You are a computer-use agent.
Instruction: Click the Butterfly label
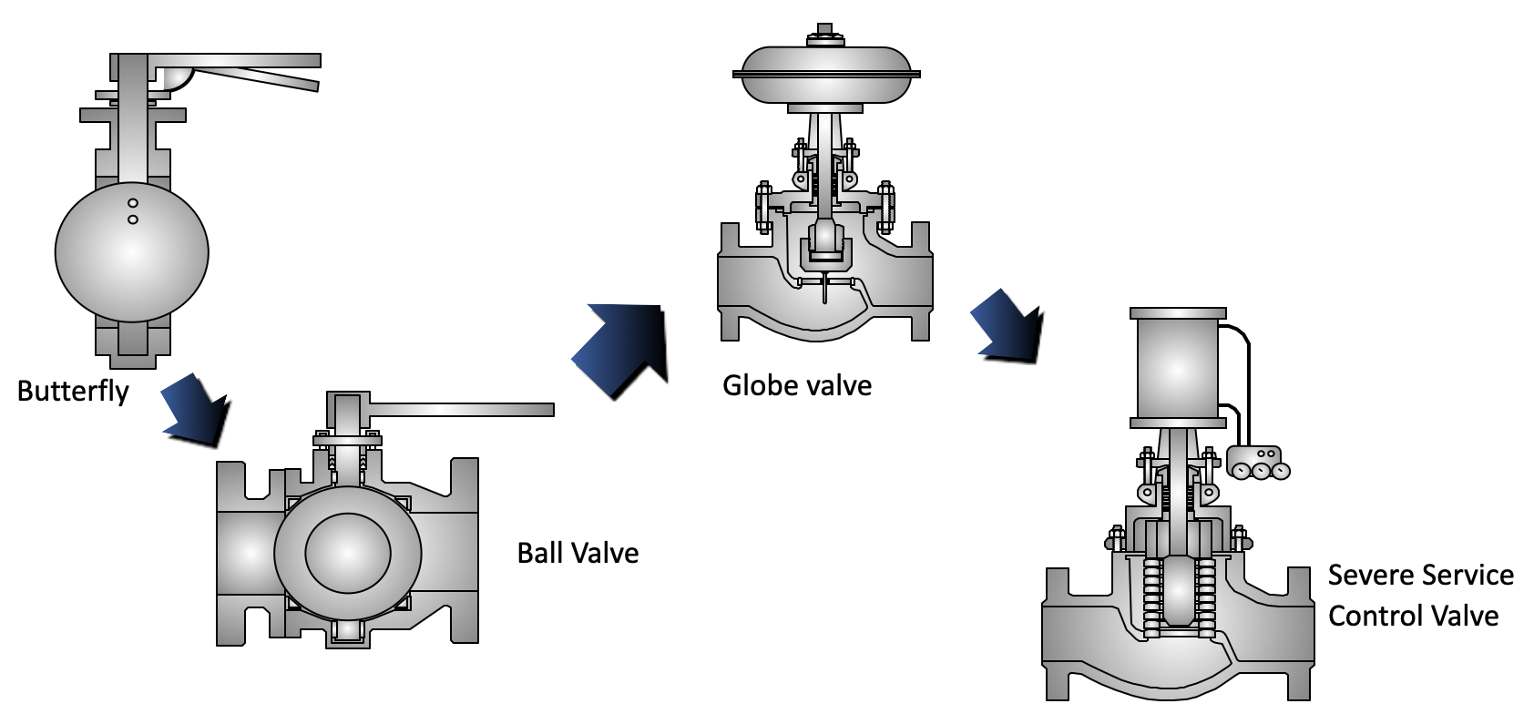[x=73, y=392]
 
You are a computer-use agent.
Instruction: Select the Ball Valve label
[x=578, y=553]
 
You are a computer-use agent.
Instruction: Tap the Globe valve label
[x=797, y=385]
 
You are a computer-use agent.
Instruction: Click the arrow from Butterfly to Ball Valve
[x=195, y=409]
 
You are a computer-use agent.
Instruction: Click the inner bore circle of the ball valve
[x=348, y=552]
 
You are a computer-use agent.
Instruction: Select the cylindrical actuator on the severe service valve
[x=1178, y=369]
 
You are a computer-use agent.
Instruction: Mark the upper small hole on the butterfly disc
[x=133, y=202]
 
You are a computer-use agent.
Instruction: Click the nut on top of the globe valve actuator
[x=825, y=34]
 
